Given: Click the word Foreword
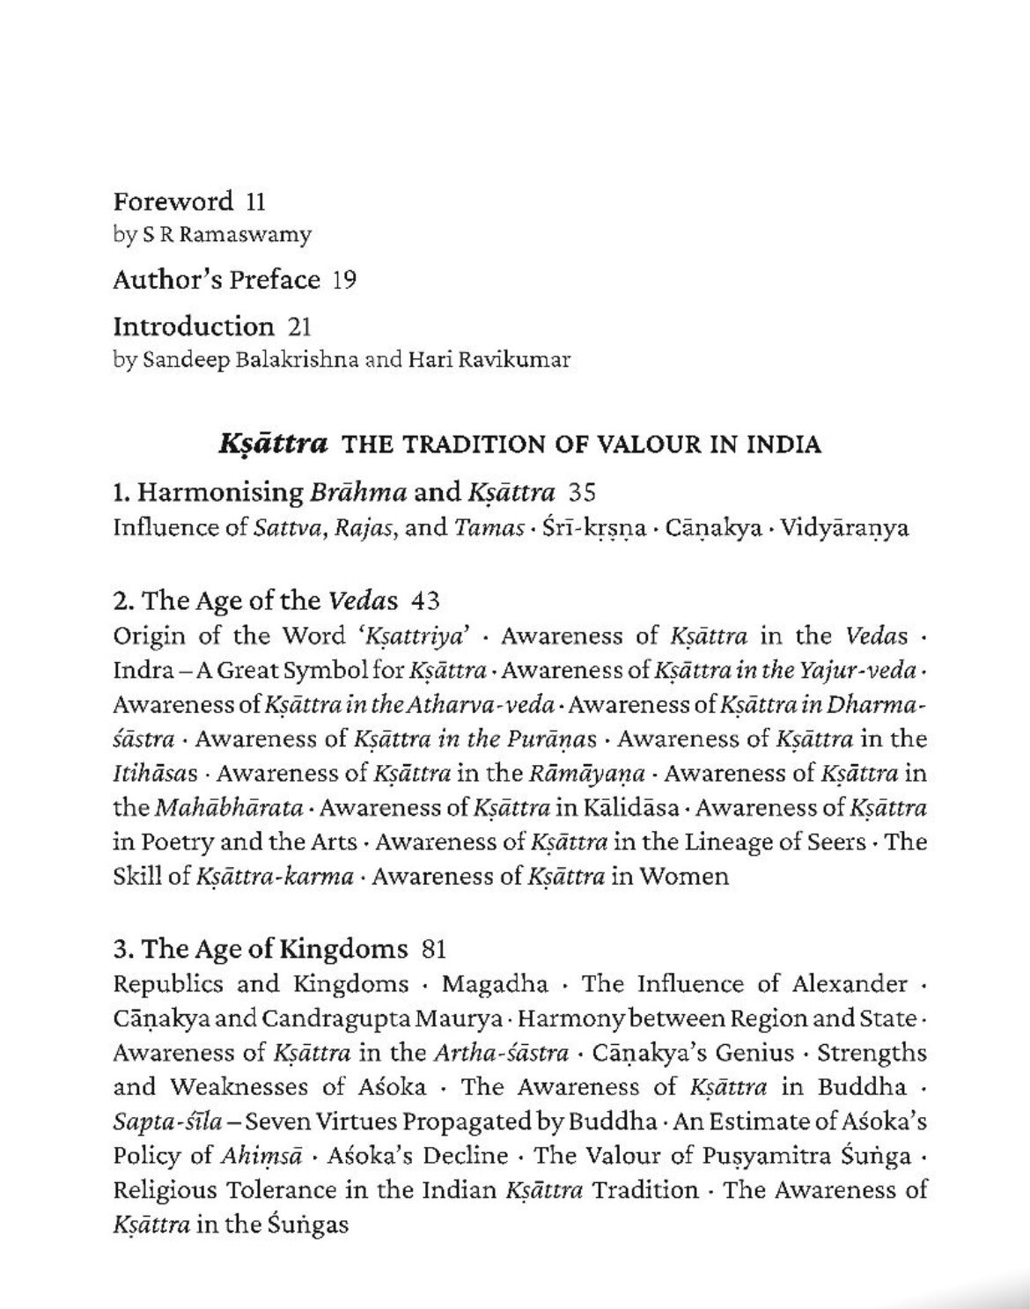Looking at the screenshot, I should [x=173, y=202].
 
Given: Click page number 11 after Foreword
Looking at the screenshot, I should [x=255, y=202].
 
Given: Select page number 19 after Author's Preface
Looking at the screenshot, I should [x=344, y=281].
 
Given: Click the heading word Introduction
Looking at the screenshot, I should [x=194, y=327].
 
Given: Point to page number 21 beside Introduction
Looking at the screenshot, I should [x=299, y=327].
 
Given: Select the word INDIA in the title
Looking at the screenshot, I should [x=784, y=445].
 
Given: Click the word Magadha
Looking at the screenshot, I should [x=495, y=983].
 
